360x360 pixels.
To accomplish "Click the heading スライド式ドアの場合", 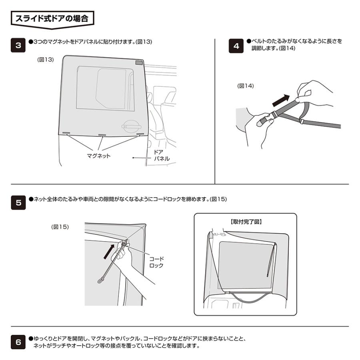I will coord(52,18).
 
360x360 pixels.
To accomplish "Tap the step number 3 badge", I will coord(18,45).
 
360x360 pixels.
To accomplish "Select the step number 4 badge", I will coord(236,46).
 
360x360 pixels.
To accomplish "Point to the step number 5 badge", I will coord(18,202).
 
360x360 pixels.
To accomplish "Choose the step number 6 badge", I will coord(18,342).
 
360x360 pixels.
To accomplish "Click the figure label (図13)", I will coord(46,59).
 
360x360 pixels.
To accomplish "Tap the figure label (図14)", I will coord(246,86).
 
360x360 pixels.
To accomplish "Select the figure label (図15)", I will coord(60,227).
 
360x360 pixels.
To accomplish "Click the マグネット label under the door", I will coord(98,156).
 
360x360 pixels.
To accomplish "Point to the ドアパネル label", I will coord(162,156).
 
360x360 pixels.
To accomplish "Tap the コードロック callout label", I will coord(156,262).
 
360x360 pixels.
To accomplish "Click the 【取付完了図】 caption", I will coord(245,222).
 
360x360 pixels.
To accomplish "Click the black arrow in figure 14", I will coord(283,99).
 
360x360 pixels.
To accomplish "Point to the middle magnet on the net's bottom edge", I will coord(102,135).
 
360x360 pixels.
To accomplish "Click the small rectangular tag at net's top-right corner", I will coord(139,63).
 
